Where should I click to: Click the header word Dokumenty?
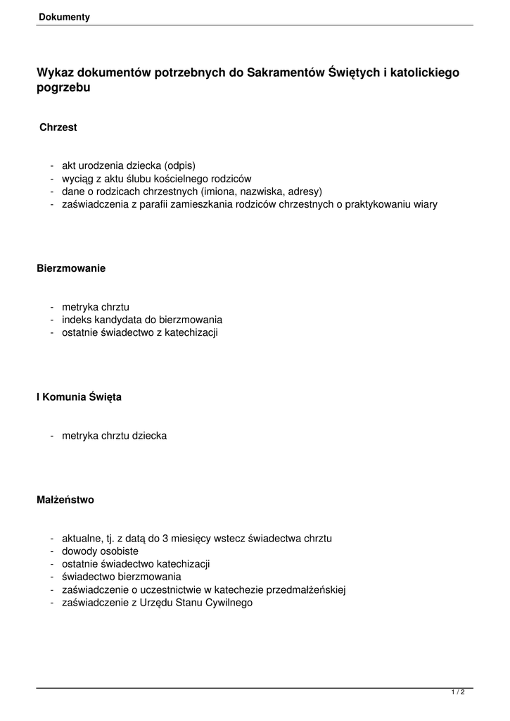pyautogui.click(x=65, y=17)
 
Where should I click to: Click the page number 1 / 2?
pyautogui.click(x=458, y=693)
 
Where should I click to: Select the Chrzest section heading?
pyautogui.click(x=58, y=127)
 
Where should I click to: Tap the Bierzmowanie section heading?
pyautogui.click(x=71, y=268)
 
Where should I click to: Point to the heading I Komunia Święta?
pyautogui.click(x=79, y=397)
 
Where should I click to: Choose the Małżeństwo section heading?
pyautogui.click(x=65, y=500)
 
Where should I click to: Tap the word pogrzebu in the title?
pyautogui.click(x=63, y=88)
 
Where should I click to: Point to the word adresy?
pyautogui.click(x=305, y=192)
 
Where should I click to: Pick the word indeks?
pyautogui.click(x=75, y=319)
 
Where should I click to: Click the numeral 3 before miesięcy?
pyautogui.click(x=165, y=539)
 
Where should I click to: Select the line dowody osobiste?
pyautogui.click(x=100, y=551)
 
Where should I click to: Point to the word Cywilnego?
pyautogui.click(x=229, y=603)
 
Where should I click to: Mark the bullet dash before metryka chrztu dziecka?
pyautogui.click(x=53, y=436)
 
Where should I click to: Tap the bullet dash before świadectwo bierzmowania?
pyautogui.click(x=53, y=577)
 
